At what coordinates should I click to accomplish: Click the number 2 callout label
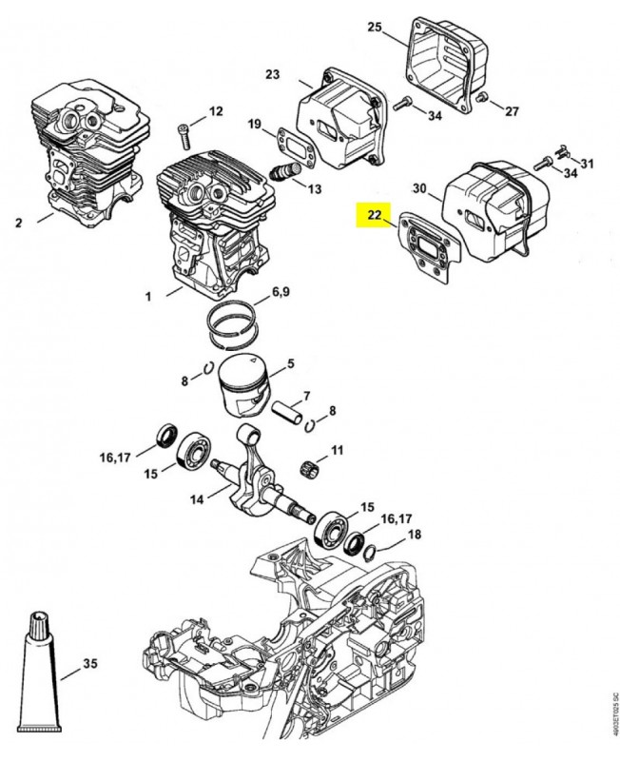[x=18, y=223]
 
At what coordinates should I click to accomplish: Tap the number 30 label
[x=420, y=187]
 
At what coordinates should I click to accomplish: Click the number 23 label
[x=272, y=74]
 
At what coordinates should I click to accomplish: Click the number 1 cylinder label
[x=148, y=297]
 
